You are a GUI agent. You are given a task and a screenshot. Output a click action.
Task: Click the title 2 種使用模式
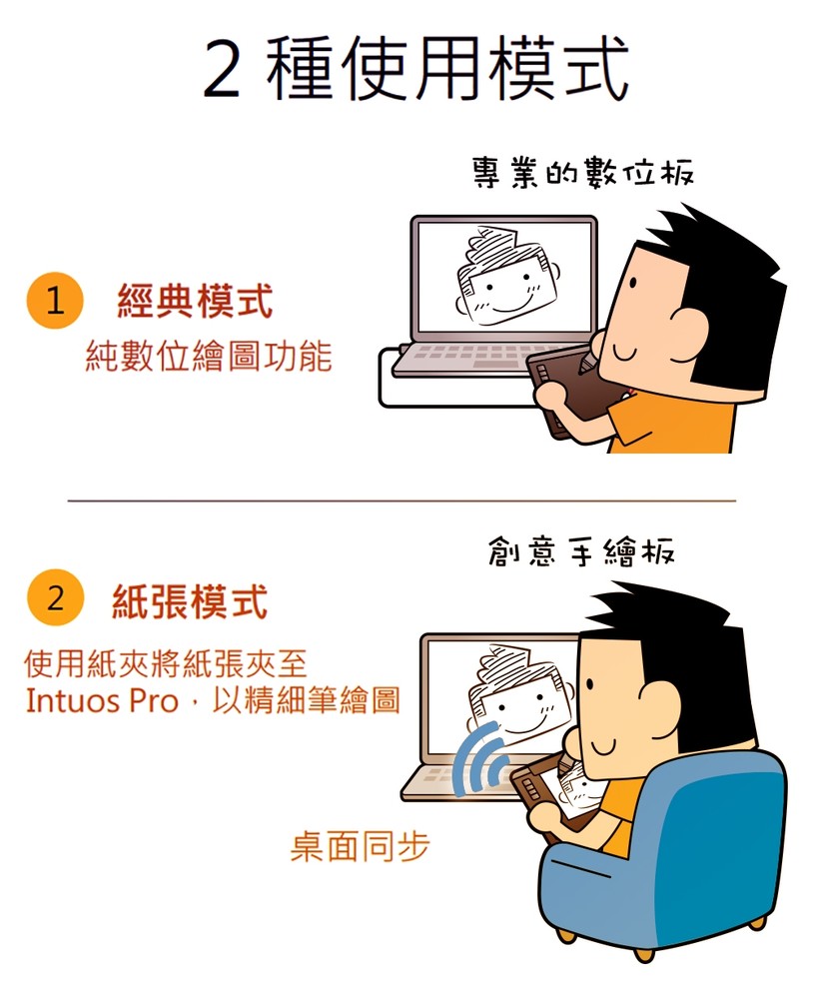point(416,68)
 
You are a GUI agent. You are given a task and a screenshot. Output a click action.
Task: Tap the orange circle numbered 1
point(56,300)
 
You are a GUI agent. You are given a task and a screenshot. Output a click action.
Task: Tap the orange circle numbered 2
point(56,597)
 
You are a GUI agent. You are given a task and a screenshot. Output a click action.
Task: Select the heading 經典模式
point(195,301)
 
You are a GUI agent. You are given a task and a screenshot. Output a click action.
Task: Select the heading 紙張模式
point(190,600)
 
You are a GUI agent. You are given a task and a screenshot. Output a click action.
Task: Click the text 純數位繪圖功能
point(209,356)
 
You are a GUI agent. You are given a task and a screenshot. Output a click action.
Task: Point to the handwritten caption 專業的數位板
point(582,172)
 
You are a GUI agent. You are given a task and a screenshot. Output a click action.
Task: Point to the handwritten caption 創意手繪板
point(581,550)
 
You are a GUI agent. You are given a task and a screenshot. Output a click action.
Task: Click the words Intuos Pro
point(102,700)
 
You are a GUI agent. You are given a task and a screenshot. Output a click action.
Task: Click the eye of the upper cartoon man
point(632,283)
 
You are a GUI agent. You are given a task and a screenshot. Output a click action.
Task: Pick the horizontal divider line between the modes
point(403,500)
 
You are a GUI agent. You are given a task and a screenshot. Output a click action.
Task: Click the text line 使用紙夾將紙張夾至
point(166,664)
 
